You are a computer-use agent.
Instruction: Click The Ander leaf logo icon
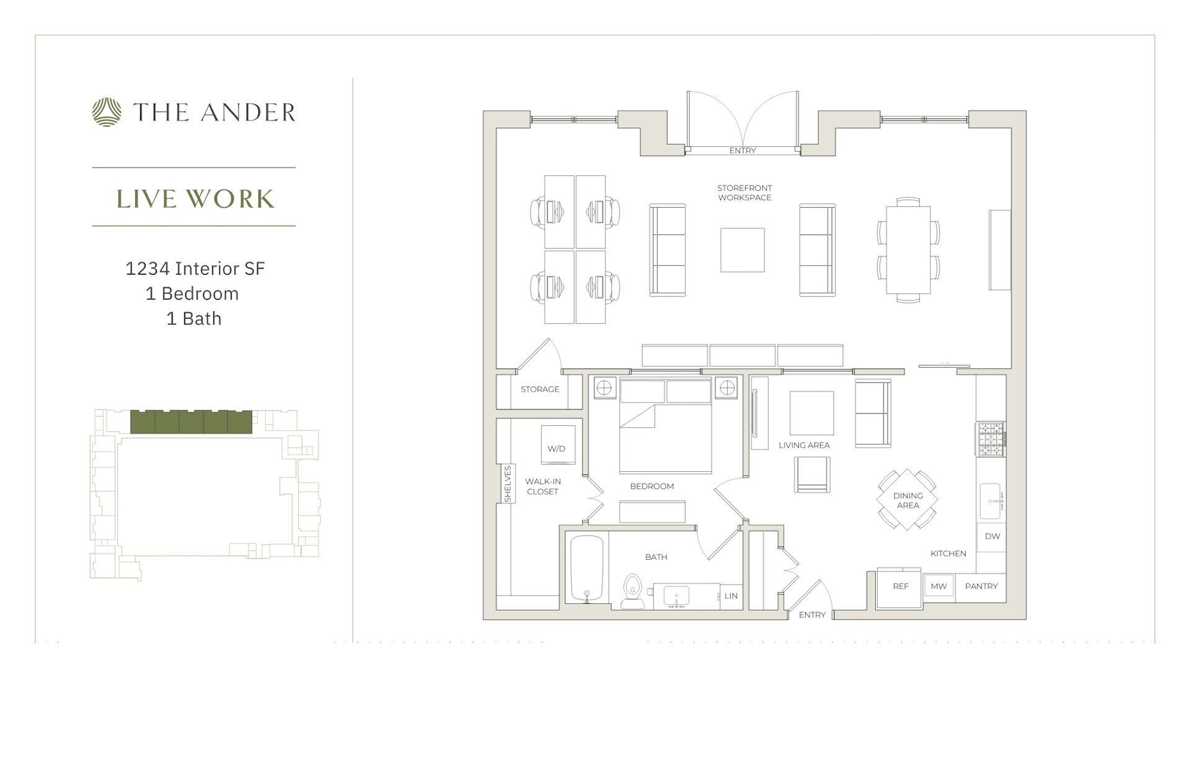coord(107,112)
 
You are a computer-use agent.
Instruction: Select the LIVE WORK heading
coord(195,198)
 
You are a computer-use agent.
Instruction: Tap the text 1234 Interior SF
coord(195,268)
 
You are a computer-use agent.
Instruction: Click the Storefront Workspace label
coord(744,193)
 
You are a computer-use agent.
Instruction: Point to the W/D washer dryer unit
coord(557,445)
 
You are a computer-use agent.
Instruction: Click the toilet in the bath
coord(632,591)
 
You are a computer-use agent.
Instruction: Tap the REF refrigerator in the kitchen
coord(900,586)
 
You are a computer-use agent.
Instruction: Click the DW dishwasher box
coord(992,537)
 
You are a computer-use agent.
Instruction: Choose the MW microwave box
coord(938,586)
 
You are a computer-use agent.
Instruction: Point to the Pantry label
coord(981,586)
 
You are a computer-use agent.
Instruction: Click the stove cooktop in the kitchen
coord(990,440)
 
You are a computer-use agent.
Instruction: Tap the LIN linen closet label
coord(731,596)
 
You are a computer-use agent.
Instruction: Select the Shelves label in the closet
coord(508,484)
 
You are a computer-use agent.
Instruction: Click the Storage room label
coord(540,389)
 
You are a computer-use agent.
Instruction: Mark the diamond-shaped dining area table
coord(907,500)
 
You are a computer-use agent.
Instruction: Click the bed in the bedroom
coord(665,434)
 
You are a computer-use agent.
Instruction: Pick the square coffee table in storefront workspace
coord(742,250)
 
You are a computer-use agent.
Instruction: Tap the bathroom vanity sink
coord(676,596)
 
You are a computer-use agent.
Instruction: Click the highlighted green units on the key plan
coord(192,422)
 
